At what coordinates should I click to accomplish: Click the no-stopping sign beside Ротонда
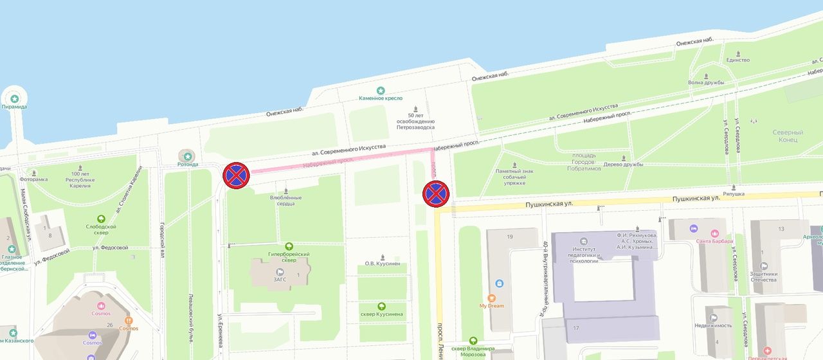236,175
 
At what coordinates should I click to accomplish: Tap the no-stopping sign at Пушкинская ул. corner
435,194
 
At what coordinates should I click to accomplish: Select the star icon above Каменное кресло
381,91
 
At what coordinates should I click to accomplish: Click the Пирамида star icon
14,98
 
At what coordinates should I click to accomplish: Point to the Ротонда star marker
188,156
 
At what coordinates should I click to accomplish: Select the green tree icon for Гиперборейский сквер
289,246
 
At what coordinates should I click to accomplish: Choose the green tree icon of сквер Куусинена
381,306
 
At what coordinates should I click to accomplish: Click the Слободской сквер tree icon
101,219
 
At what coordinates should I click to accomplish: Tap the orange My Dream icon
492,298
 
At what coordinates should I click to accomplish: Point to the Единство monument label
738,60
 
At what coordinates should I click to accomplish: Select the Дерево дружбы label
624,164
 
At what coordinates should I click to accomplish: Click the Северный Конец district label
788,136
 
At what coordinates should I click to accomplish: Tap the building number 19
509,237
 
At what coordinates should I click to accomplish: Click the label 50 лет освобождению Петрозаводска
416,122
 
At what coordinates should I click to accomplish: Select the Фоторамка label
33,179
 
